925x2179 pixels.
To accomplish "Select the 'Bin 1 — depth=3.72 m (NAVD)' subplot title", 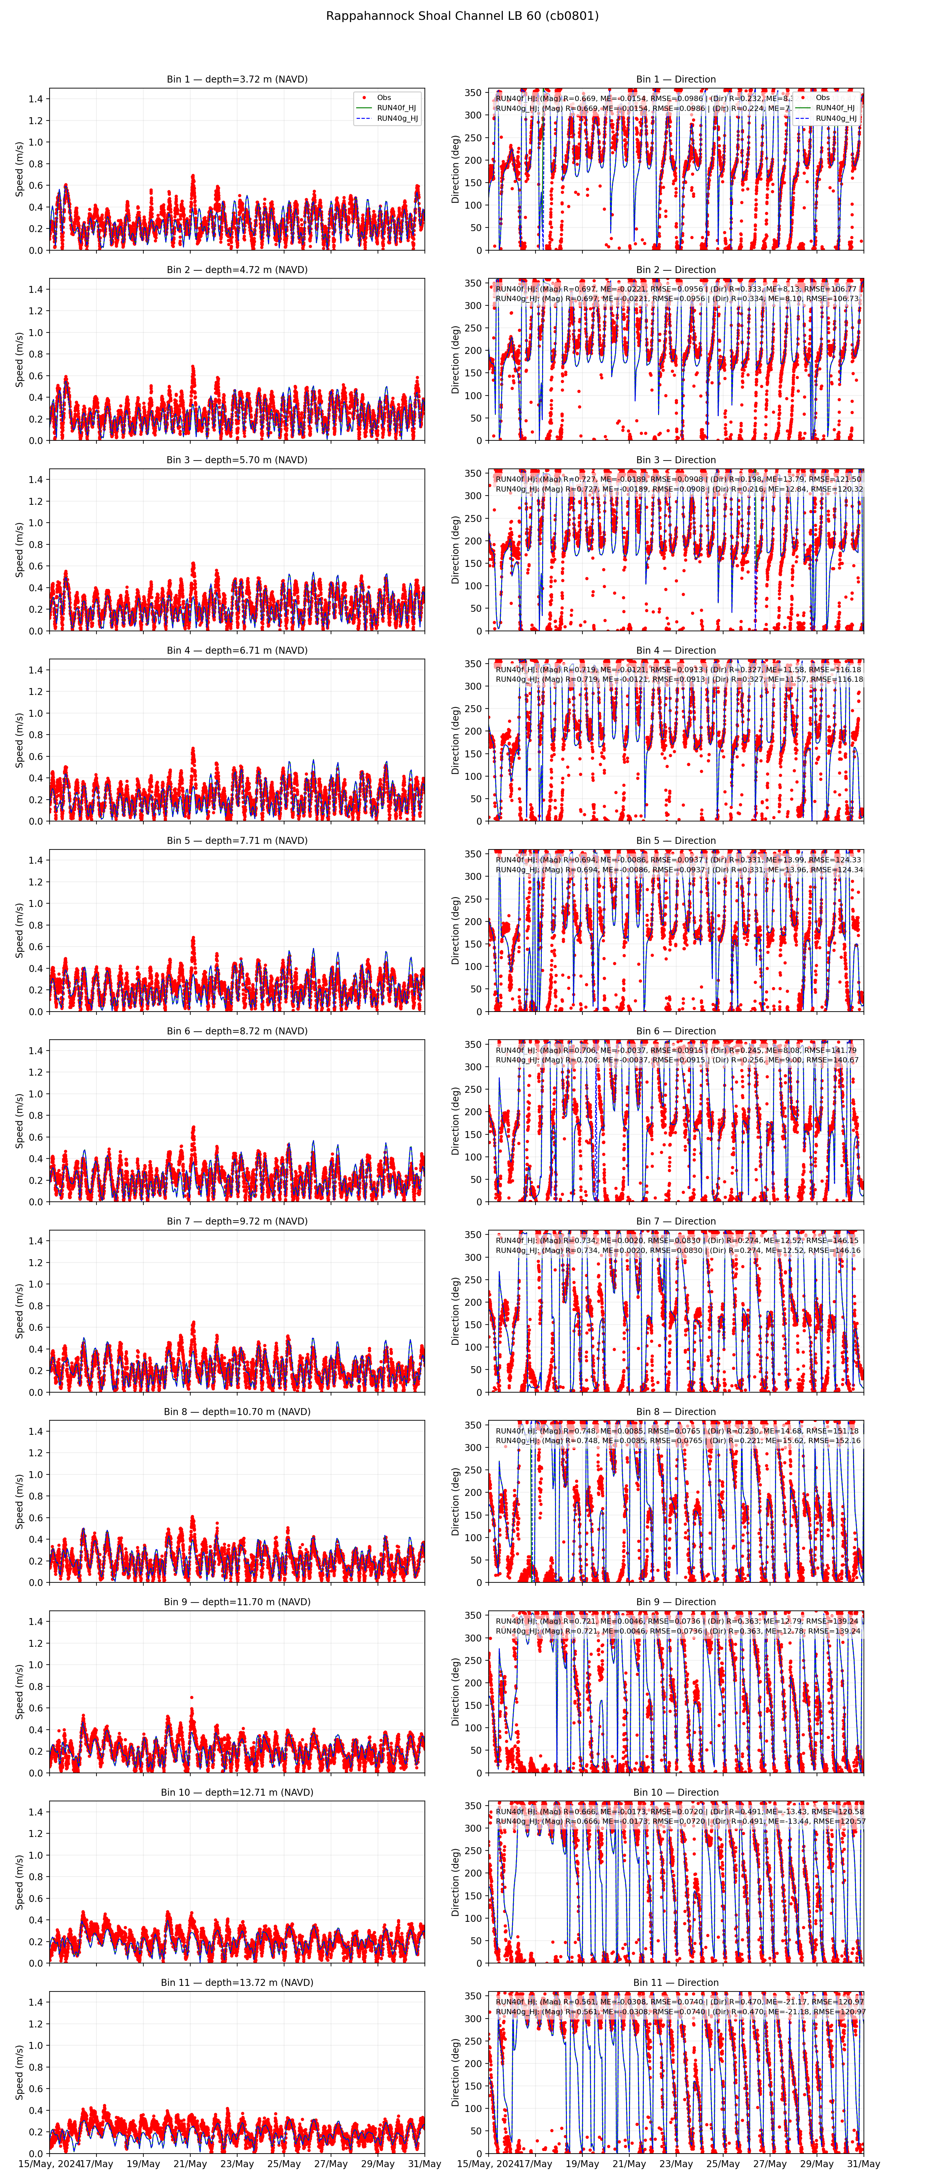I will click(x=237, y=80).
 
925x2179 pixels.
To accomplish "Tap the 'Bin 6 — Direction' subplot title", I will click(x=675, y=1031).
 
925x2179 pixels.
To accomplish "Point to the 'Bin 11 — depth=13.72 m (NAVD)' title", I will click(x=237, y=1983).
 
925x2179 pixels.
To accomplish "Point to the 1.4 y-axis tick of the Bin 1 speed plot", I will click(x=36, y=99).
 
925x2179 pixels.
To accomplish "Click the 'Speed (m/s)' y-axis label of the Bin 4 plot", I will click(x=19, y=740).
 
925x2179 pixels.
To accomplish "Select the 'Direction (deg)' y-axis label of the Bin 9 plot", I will click(x=455, y=1692).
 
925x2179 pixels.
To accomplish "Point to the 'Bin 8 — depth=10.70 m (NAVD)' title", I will click(x=237, y=1412).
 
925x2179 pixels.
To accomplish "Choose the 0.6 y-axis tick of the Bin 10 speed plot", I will click(x=36, y=1898).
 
